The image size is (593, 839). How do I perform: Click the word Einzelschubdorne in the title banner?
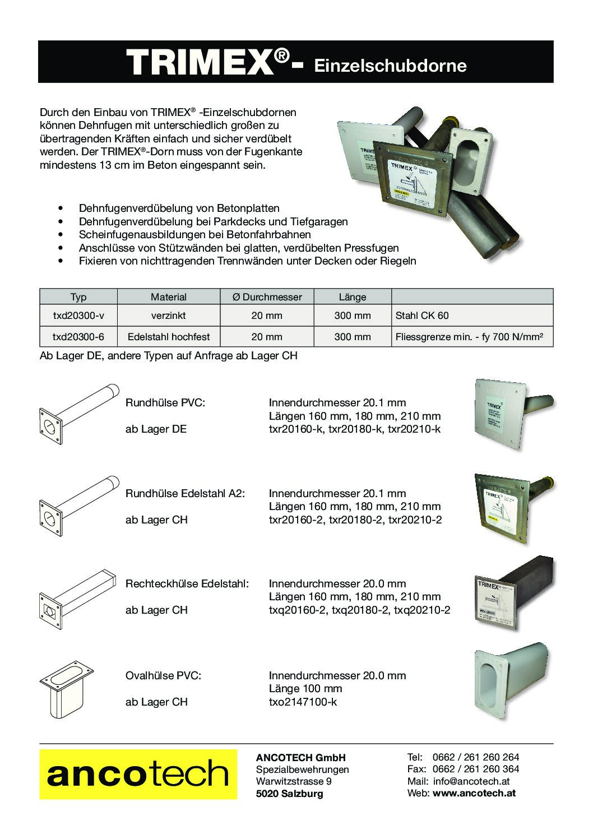click(x=390, y=66)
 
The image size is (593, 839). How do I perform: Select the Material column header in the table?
click(x=168, y=297)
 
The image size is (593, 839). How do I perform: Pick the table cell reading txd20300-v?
click(x=78, y=316)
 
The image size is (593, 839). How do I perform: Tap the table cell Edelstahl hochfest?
click(x=169, y=337)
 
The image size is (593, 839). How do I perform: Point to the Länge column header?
click(x=352, y=297)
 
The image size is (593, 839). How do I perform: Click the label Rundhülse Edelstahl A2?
click(x=185, y=494)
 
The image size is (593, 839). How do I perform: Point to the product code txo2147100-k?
click(x=303, y=702)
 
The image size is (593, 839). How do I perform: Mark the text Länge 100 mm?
click(x=305, y=689)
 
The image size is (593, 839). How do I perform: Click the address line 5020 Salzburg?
click(x=289, y=794)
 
